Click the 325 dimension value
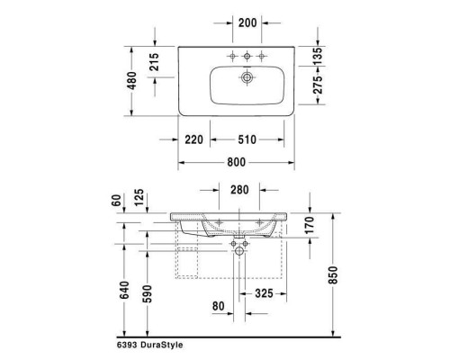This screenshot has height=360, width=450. [265, 293]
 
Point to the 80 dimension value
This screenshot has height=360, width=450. [218, 306]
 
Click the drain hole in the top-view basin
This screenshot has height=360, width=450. [241, 79]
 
